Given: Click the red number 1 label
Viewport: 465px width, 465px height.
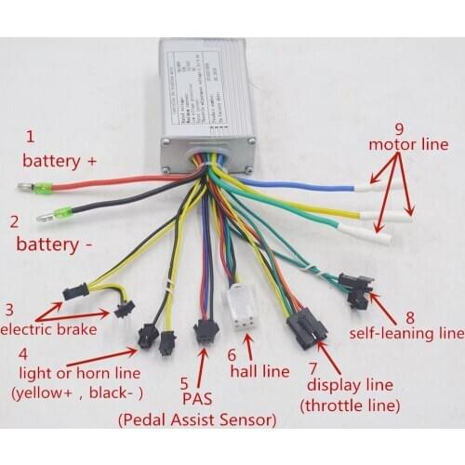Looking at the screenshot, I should pyautogui.click(x=31, y=137).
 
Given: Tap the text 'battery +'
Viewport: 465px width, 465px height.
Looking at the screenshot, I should pyautogui.click(x=60, y=160).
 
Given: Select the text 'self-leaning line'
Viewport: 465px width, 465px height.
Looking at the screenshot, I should pyautogui.click(x=405, y=330).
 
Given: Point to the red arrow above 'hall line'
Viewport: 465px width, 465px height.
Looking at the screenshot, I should pyautogui.click(x=247, y=346).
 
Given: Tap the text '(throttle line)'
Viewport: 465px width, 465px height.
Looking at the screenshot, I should pyautogui.click(x=349, y=405).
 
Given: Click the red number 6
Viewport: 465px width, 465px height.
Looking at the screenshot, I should pyautogui.click(x=232, y=355).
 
